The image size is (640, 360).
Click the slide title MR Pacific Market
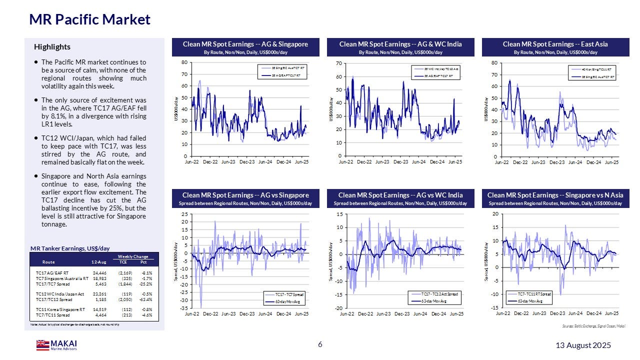[89, 19]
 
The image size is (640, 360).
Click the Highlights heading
[52, 47]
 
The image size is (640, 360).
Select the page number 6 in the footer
[320, 345]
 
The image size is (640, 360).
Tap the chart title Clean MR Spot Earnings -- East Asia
[555, 44]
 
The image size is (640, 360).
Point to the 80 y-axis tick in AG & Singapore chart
[184, 62]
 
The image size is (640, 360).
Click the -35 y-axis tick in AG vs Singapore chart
[183, 308]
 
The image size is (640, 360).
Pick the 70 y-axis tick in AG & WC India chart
[338, 63]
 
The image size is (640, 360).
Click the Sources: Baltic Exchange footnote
[592, 326]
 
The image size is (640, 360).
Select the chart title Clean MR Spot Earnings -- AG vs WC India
[400, 195]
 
